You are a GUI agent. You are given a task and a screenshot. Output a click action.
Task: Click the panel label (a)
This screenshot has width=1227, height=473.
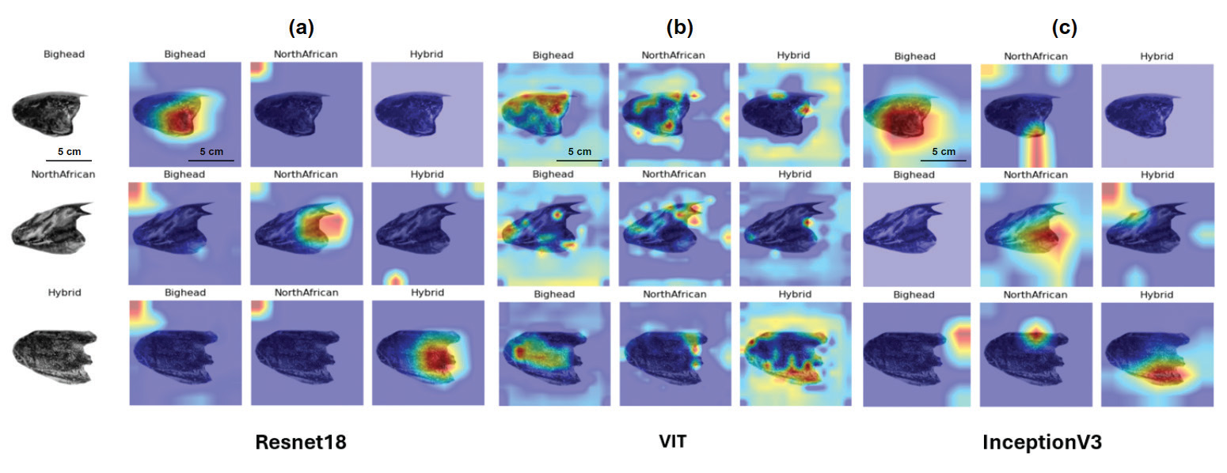click(x=302, y=28)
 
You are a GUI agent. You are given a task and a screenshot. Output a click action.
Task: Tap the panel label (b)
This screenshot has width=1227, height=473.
click(x=679, y=28)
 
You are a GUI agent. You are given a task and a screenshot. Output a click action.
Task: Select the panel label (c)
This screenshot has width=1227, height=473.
click(x=1064, y=28)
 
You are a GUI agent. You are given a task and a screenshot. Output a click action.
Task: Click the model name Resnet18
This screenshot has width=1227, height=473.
click(x=301, y=443)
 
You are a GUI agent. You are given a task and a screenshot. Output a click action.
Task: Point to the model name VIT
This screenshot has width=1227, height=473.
click(x=672, y=442)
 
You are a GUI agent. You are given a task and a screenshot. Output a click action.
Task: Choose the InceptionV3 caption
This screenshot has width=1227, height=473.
click(x=1042, y=443)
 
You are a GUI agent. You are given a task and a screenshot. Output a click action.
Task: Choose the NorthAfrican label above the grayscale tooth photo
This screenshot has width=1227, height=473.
click(x=63, y=175)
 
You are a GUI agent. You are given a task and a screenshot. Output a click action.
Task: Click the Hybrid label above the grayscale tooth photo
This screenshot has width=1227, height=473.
click(x=63, y=293)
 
